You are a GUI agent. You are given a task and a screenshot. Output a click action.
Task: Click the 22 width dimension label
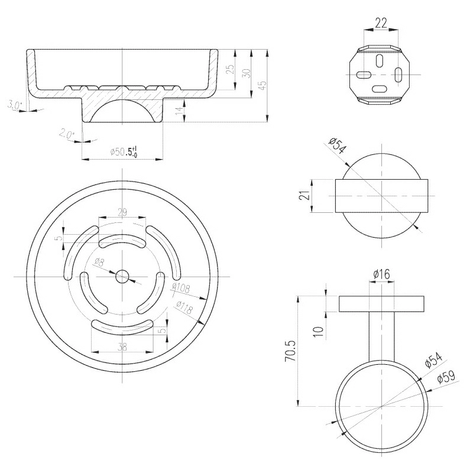pyautogui.click(x=381, y=23)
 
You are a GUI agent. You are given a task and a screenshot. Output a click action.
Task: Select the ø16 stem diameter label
pyautogui.click(x=381, y=274)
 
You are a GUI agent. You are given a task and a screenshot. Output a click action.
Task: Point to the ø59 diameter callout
pyautogui.click(x=446, y=376)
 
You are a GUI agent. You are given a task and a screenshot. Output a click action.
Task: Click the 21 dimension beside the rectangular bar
pyautogui.click(x=306, y=195)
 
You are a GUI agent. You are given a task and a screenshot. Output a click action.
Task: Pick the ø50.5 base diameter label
pyautogui.click(x=124, y=151)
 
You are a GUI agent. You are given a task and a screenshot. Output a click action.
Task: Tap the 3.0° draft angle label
pyautogui.click(x=14, y=105)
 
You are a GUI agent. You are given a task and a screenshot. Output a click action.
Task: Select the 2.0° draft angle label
pyautogui.click(x=67, y=134)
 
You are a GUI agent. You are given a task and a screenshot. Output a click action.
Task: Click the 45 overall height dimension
pyautogui.click(x=263, y=85)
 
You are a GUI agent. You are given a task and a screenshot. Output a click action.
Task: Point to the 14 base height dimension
pyautogui.click(x=179, y=111)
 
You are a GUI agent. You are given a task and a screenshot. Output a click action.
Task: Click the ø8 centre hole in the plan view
pyautogui.click(x=122, y=277)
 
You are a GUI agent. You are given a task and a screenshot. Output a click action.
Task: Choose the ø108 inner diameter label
pyautogui.click(x=181, y=288)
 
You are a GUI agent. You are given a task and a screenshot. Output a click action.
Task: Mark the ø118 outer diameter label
pyautogui.click(x=184, y=307)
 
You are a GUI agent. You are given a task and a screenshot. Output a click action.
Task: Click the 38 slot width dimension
pyautogui.click(x=122, y=348)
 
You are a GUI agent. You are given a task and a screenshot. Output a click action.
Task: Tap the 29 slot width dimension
pyautogui.click(x=122, y=212)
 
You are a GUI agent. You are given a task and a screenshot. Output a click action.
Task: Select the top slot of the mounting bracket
pyautogui.click(x=379, y=61)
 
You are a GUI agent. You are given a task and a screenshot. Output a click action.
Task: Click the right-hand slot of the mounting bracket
pyautogui.click(x=399, y=74)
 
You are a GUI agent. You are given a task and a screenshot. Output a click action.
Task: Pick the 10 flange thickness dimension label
pyautogui.click(x=319, y=332)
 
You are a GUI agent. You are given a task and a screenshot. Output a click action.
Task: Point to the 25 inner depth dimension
pyautogui.click(x=230, y=69)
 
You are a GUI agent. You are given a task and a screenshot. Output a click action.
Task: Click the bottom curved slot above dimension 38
pyautogui.click(x=122, y=328)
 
